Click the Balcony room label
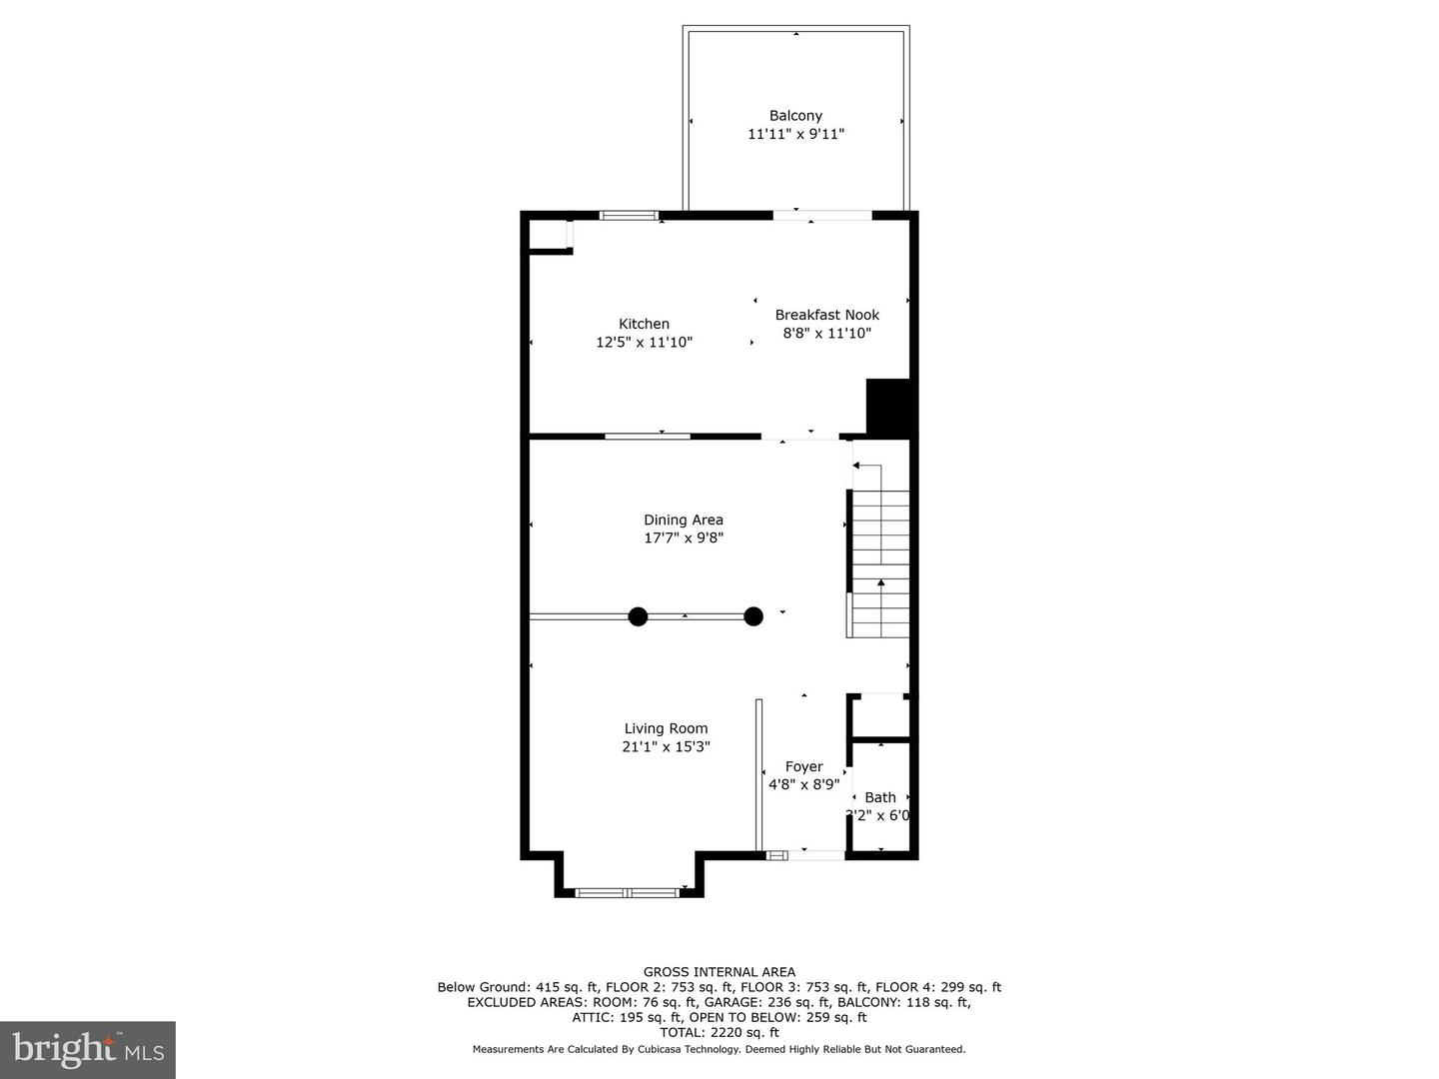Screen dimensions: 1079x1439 pos(795,116)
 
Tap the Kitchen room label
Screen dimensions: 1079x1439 pos(644,324)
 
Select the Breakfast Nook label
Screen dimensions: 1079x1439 pos(827,315)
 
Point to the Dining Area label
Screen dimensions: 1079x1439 pos(684,520)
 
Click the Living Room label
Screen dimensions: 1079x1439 pos(666,728)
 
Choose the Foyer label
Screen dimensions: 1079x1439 pos(803,766)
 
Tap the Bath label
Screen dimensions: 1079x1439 pos(880,797)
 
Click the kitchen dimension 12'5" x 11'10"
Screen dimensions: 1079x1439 pos(644,343)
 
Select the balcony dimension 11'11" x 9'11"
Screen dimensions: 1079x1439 pos(795,134)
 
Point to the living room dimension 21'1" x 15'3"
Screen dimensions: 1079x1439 pos(666,746)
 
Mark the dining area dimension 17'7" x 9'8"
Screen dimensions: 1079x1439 pos(684,538)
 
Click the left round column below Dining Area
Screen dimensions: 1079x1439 pos(638,616)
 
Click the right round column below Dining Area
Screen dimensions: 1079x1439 pos(753,616)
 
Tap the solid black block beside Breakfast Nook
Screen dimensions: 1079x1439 pos(889,407)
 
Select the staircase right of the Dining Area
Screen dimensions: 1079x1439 pos(879,564)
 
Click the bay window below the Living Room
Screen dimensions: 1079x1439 pos(628,891)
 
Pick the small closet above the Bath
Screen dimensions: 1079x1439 pos(880,716)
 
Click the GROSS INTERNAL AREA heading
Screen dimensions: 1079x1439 pos(719,972)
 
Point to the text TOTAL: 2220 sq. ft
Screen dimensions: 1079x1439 pos(719,1033)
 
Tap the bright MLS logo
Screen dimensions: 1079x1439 pos(87,1049)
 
